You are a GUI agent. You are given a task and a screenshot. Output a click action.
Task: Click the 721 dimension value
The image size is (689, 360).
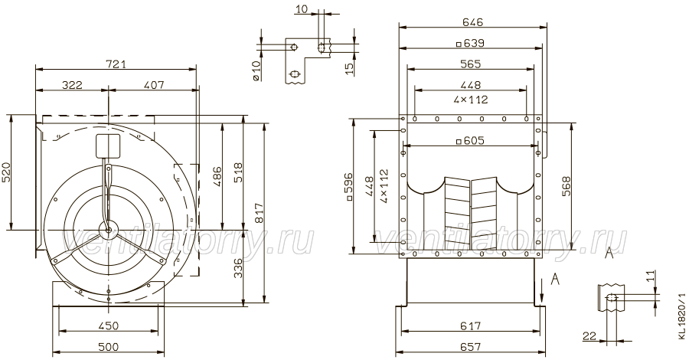(116, 64)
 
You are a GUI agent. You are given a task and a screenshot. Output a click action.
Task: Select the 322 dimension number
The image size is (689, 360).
(72, 84)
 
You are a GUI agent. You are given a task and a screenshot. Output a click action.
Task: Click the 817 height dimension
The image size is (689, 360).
(259, 214)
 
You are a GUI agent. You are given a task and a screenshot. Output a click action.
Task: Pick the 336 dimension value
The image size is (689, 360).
(237, 267)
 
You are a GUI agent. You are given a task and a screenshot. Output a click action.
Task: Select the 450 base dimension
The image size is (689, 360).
(109, 326)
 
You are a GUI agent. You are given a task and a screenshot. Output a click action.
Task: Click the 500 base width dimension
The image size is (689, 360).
(109, 347)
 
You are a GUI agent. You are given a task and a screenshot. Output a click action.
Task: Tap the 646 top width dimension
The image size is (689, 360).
(472, 21)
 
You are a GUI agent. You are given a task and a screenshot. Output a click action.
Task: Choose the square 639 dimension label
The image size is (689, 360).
(470, 43)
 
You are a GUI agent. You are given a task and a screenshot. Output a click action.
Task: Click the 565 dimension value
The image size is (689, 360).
(470, 64)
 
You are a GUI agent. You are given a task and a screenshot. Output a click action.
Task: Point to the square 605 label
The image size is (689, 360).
(470, 140)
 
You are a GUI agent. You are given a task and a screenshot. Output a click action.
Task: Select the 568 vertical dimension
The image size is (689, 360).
(566, 186)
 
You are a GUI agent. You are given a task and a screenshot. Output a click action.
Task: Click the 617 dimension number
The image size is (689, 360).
(471, 326)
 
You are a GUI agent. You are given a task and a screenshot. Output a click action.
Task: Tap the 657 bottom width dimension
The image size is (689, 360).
(471, 347)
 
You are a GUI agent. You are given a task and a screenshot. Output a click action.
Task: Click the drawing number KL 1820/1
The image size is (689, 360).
(681, 316)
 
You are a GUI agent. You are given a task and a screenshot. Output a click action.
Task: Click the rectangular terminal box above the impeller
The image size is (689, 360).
(108, 146)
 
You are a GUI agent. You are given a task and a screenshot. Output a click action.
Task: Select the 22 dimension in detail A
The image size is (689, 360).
(589, 336)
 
